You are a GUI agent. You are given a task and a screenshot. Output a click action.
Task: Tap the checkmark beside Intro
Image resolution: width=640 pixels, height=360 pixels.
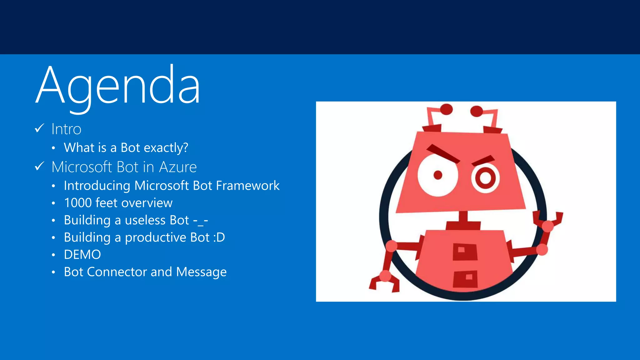pyautogui.click(x=39, y=128)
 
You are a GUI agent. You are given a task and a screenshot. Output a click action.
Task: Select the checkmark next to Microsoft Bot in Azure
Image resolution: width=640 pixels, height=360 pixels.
pyautogui.click(x=39, y=166)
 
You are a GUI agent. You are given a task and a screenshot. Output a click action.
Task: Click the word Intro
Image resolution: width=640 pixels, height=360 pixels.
pyautogui.click(x=66, y=129)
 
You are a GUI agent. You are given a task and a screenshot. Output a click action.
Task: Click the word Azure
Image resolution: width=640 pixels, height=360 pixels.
pyautogui.click(x=178, y=167)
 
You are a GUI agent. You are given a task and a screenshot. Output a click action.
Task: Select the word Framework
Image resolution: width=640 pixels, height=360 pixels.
pyautogui.click(x=248, y=186)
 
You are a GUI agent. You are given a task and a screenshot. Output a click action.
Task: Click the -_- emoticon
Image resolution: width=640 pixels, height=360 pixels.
pyautogui.click(x=200, y=221)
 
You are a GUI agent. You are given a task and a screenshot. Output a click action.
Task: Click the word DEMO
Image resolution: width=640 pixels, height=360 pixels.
pyautogui.click(x=82, y=255)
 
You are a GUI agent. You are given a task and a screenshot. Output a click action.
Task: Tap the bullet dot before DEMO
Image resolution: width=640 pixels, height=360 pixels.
pyautogui.click(x=53, y=255)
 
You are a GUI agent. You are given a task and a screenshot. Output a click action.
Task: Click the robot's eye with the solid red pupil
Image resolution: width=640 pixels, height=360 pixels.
pyautogui.click(x=437, y=175)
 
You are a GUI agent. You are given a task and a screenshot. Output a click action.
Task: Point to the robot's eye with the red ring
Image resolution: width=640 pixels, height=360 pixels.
pyautogui.click(x=485, y=178)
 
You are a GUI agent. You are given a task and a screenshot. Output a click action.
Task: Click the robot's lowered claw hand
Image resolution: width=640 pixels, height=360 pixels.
pyautogui.click(x=384, y=281)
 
